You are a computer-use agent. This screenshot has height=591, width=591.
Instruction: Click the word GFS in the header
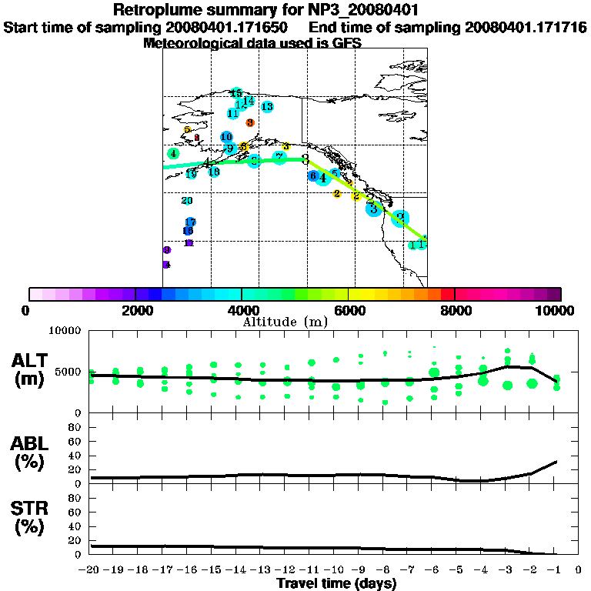click(x=346, y=43)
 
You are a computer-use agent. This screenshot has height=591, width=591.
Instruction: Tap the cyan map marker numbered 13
click(x=267, y=107)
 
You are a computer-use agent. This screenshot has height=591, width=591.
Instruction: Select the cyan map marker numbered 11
click(x=233, y=113)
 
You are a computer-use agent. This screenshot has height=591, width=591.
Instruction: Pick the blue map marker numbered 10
click(x=226, y=137)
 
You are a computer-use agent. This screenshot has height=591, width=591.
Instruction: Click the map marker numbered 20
click(x=186, y=201)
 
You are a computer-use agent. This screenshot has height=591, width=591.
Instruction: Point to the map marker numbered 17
click(x=190, y=222)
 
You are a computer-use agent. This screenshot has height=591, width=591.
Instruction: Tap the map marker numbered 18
click(x=214, y=172)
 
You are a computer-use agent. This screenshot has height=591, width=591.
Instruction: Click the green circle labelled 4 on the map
click(x=174, y=154)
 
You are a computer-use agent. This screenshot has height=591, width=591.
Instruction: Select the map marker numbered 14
click(x=249, y=100)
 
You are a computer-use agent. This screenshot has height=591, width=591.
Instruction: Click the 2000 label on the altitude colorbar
click(x=135, y=311)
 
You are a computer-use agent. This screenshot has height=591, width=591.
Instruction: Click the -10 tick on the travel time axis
click(x=336, y=571)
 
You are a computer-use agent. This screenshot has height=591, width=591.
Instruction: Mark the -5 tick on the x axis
click(x=458, y=571)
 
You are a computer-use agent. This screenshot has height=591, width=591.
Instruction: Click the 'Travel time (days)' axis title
click(x=336, y=583)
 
